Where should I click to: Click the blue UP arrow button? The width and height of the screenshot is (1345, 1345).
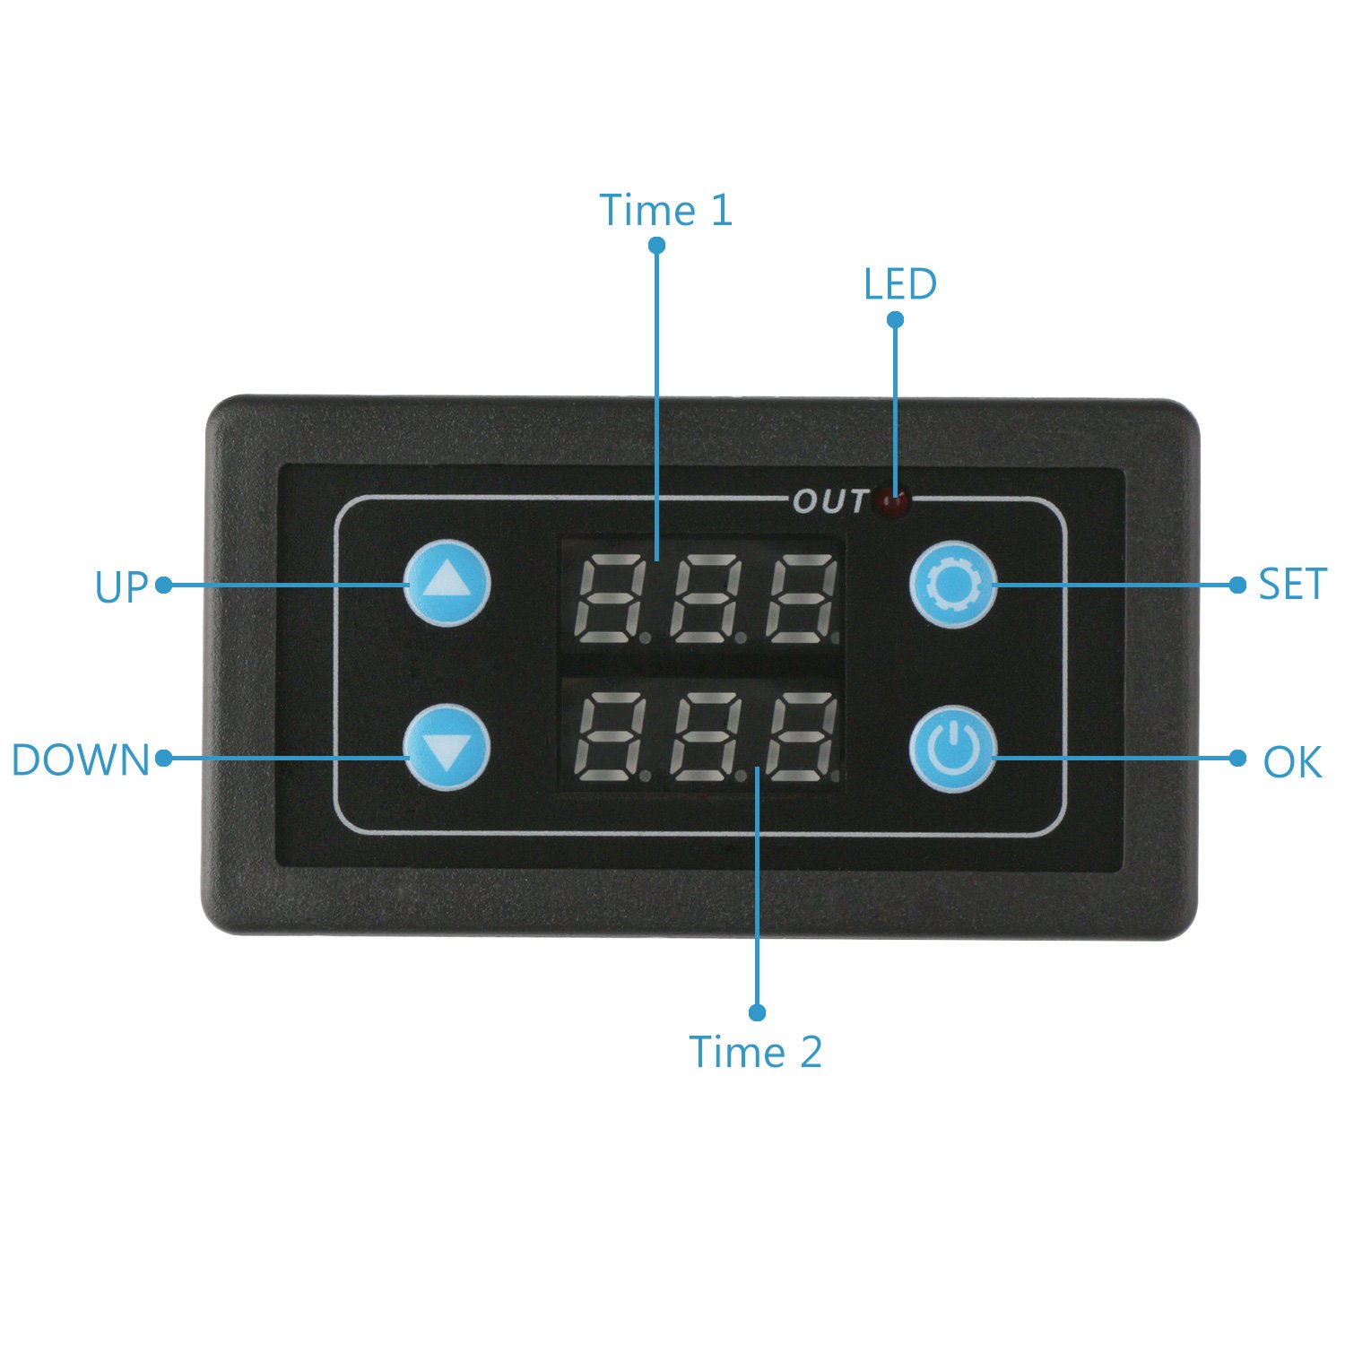tap(447, 583)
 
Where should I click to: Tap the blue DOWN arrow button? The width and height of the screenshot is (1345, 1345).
tap(447, 748)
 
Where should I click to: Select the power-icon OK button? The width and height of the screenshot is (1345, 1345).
tap(954, 749)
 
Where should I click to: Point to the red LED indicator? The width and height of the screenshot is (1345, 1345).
tap(893, 501)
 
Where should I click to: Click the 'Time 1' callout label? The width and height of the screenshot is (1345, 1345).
tap(665, 210)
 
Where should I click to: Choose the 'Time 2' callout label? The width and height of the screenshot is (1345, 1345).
tap(755, 1052)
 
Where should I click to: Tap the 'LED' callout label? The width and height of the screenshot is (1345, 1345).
tap(900, 284)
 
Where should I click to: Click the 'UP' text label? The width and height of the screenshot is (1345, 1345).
tap(121, 587)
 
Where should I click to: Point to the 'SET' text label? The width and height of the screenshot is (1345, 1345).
tap(1292, 585)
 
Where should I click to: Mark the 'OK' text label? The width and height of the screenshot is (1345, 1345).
tap(1292, 762)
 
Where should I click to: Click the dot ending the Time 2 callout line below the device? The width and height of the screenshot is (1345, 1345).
tap(757, 1012)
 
